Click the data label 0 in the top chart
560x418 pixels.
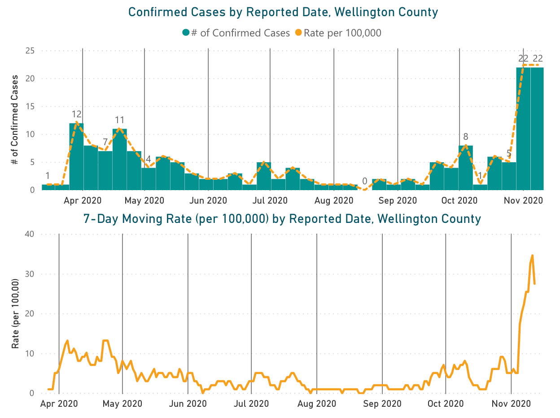click(365, 182)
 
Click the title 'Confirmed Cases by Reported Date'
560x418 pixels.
click(283, 12)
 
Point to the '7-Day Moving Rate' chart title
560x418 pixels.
click(282, 219)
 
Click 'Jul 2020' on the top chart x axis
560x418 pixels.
click(270, 200)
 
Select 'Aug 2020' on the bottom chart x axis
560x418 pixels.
click(317, 404)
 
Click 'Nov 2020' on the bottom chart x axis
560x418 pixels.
click(512, 404)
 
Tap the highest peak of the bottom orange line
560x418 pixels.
click(532, 255)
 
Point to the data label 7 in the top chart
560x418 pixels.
click(105, 142)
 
